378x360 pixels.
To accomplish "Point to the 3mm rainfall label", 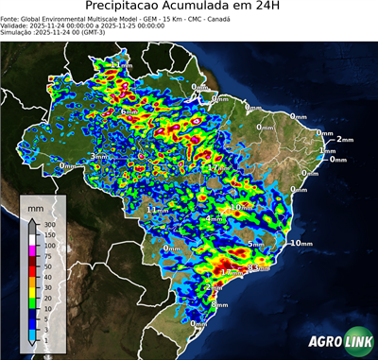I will (x=98, y=156).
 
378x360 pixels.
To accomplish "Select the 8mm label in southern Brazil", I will (x=220, y=304).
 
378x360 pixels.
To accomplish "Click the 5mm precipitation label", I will (x=256, y=244).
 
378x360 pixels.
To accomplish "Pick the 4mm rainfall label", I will (x=215, y=219).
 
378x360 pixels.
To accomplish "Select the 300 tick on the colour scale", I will (x=50, y=225).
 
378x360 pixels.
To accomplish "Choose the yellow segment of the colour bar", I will (x=32, y=292).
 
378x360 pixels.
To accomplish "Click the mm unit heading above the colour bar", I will (x=35, y=205).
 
